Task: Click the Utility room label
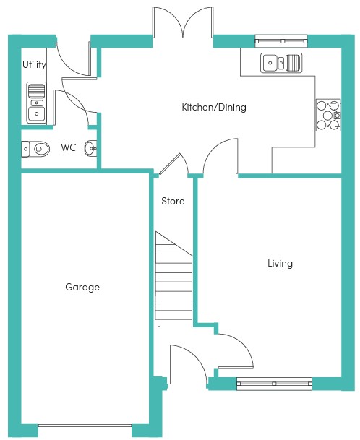(x=34, y=65)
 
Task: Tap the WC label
(x=69, y=147)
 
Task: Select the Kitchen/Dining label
(x=214, y=107)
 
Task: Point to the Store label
(x=173, y=201)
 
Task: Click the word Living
(x=280, y=263)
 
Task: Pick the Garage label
(x=82, y=287)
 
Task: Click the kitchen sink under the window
(x=281, y=63)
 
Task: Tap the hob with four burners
(x=328, y=115)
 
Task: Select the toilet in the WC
(x=35, y=149)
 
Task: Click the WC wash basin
(x=90, y=148)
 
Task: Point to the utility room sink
(x=36, y=103)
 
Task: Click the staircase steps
(x=174, y=279)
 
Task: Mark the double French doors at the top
(x=183, y=22)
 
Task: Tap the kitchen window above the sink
(x=281, y=41)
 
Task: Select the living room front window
(x=275, y=384)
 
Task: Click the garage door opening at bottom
(x=85, y=426)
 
